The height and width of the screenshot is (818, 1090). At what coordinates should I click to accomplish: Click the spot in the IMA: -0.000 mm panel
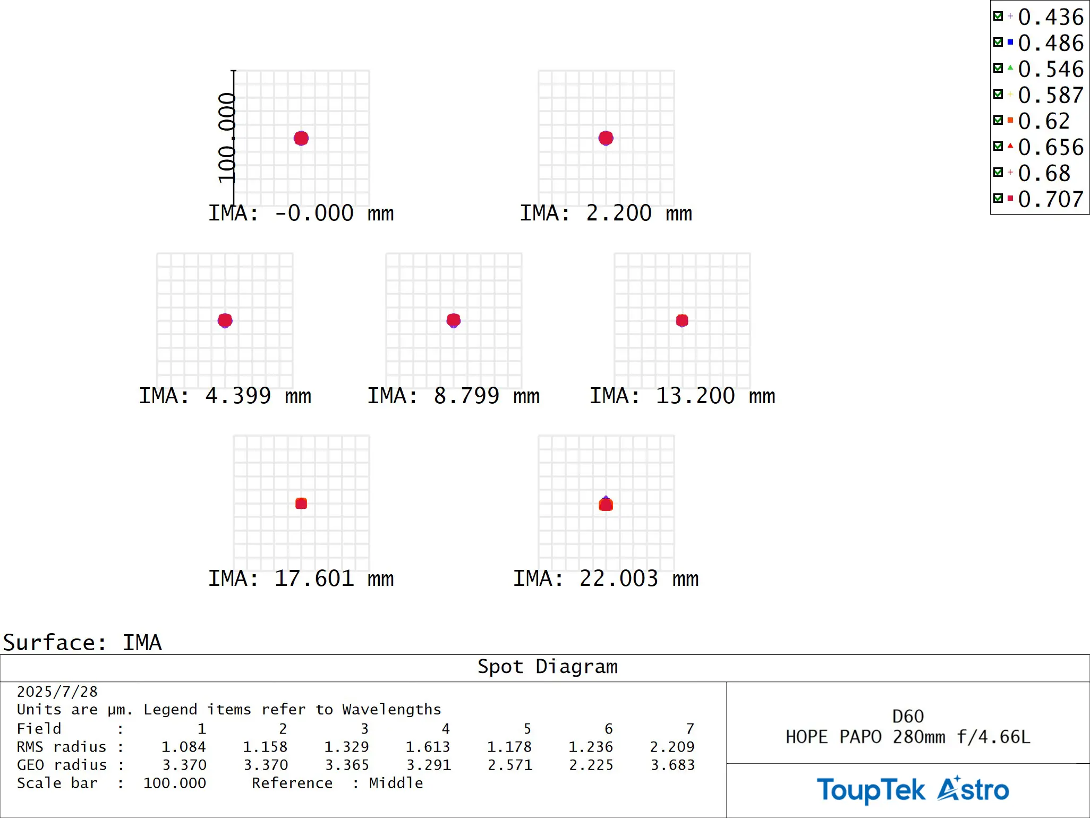click(x=301, y=138)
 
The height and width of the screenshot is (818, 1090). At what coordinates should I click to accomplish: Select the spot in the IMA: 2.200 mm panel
click(x=606, y=138)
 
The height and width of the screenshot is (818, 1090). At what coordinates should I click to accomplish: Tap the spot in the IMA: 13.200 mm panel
click(x=682, y=320)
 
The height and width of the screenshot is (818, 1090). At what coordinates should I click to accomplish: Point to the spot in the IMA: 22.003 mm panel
click(x=606, y=504)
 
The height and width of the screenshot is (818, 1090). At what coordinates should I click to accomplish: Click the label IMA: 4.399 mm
click(x=225, y=396)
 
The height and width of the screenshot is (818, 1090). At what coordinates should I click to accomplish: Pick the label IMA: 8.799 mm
click(x=453, y=396)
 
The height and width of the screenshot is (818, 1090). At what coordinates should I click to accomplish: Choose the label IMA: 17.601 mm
click(x=301, y=578)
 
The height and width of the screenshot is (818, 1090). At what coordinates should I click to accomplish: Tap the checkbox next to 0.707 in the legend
click(x=998, y=198)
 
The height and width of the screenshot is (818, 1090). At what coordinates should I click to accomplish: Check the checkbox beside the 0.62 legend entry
click(x=998, y=120)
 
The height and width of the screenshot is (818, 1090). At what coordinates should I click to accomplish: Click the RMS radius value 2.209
click(x=672, y=747)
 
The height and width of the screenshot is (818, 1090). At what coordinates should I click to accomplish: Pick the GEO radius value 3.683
click(x=672, y=765)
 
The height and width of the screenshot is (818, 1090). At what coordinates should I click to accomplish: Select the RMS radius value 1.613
click(x=428, y=747)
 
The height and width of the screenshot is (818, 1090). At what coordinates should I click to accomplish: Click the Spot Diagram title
click(x=547, y=667)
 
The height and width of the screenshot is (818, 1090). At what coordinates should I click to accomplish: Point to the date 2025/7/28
click(x=57, y=692)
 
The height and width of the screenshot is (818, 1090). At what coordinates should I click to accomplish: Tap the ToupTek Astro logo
click(x=913, y=789)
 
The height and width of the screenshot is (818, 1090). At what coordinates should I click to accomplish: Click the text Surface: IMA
click(x=82, y=643)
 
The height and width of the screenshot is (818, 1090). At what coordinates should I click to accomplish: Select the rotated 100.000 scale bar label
click(x=226, y=138)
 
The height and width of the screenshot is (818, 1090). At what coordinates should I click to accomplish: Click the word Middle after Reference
click(x=396, y=783)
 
